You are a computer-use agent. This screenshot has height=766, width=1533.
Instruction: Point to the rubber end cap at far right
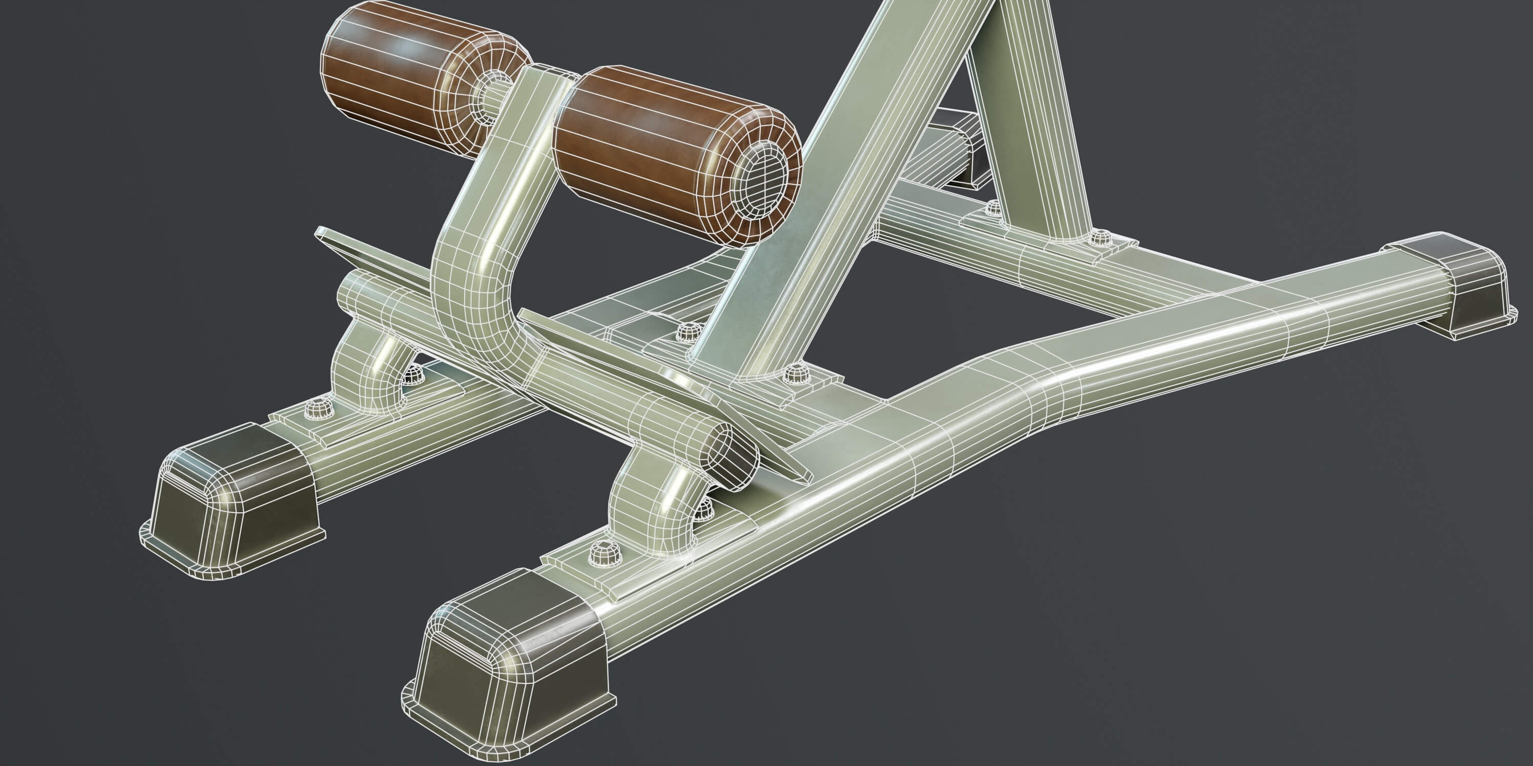point(1452,285)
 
